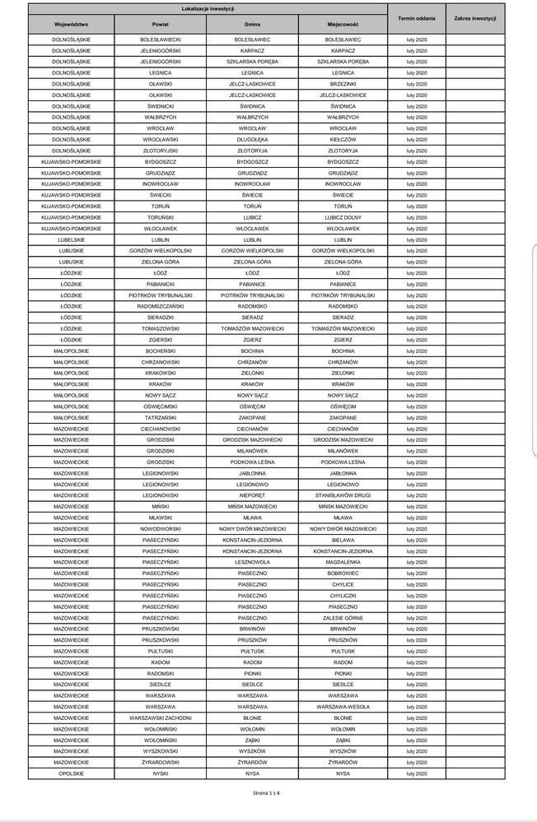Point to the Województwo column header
[71, 26]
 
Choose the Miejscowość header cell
[343, 26]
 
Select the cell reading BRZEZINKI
[343, 84]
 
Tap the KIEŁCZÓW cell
[343, 140]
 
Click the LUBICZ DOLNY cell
[343, 217]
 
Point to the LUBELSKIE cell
[71, 239]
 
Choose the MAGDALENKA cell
[343, 562]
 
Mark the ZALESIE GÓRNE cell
[343, 617]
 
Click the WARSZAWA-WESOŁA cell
[343, 707]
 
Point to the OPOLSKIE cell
[71, 773]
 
